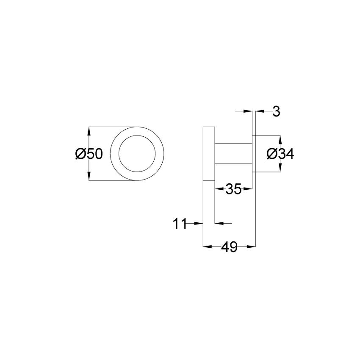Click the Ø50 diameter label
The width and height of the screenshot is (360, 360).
[89, 154]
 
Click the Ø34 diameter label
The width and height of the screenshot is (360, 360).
[280, 154]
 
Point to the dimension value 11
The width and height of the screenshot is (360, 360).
[180, 224]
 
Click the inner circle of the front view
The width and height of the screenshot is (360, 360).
[137, 154]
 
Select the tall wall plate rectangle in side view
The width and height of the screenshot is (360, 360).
[209, 154]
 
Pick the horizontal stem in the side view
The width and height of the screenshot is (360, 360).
[233, 154]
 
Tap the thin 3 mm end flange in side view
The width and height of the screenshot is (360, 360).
[255, 154]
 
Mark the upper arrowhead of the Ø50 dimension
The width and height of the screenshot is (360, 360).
[89, 130]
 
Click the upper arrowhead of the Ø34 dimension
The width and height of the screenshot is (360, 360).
[280, 138]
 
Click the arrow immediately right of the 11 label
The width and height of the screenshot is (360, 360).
[199, 223]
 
